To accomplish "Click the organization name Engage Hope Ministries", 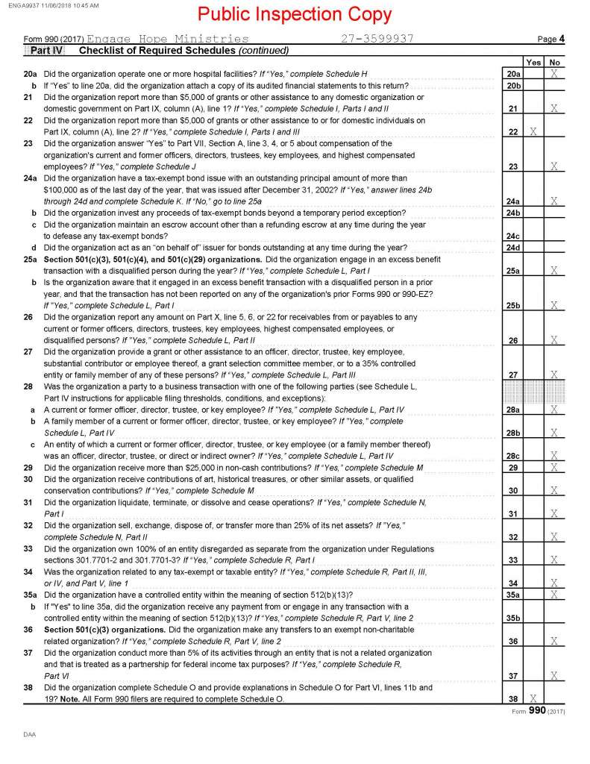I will (x=168, y=38).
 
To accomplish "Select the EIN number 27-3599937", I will (x=377, y=38).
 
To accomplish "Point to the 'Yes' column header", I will (x=533, y=63).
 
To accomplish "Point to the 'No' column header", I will (x=554, y=63).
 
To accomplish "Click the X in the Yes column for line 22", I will (x=533, y=132).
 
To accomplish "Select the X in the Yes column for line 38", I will (x=533, y=699).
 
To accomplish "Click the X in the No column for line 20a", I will (x=554, y=74).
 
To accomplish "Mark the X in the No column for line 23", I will (x=554, y=166).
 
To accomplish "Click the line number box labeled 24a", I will (x=512, y=201).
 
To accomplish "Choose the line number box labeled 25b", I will (x=512, y=305).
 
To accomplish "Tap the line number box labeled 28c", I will (x=512, y=456).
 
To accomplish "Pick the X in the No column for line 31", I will (x=554, y=514).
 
